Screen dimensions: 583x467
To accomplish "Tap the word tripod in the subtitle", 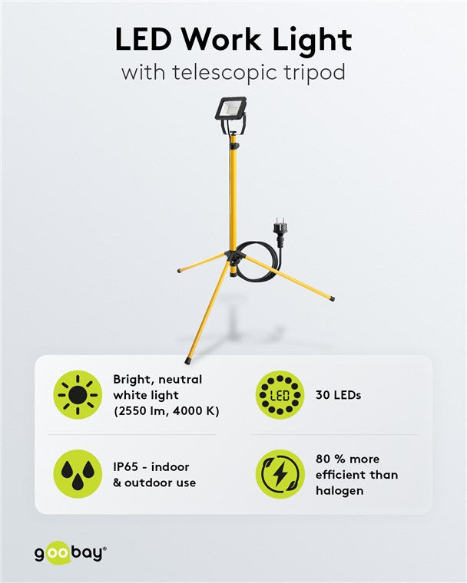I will tap(316, 74).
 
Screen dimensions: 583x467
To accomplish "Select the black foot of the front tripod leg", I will tap(189, 358).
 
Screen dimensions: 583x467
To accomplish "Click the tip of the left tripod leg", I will tap(179, 271).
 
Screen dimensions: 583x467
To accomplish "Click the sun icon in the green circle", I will tap(77, 395).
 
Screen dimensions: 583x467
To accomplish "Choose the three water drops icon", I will tap(77, 474).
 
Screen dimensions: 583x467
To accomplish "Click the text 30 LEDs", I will tap(338, 395).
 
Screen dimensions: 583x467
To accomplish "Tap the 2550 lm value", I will tap(141, 411).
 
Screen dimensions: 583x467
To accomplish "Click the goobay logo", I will tap(69, 552).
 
